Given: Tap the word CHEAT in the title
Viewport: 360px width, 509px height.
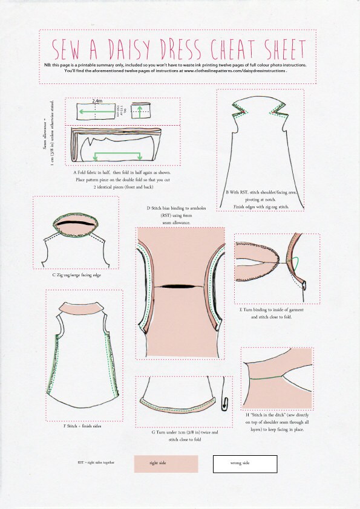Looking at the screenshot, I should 231,48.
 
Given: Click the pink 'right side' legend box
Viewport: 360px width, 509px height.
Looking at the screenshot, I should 166,464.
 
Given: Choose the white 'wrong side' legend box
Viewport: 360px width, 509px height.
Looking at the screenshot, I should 244,464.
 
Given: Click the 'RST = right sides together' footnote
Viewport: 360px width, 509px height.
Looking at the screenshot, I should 96,462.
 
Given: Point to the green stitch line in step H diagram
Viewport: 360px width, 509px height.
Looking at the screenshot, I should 266,377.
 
